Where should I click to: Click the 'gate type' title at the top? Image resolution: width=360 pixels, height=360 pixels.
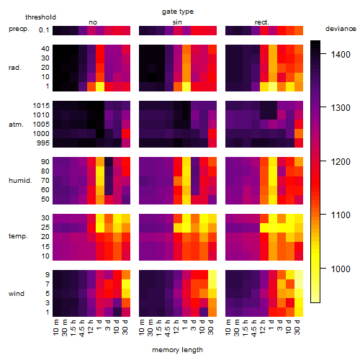pyautogui.click(x=178, y=12)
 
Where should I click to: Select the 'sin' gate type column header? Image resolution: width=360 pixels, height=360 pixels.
pyautogui.click(x=177, y=22)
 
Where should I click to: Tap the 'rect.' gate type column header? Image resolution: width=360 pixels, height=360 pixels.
pyautogui.click(x=261, y=22)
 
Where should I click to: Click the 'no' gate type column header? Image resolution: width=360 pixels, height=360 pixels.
pyautogui.click(x=93, y=22)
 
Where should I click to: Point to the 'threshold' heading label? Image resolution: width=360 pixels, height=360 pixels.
pyautogui.click(x=40, y=17)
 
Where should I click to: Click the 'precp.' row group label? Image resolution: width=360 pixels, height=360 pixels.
pyautogui.click(x=19, y=29)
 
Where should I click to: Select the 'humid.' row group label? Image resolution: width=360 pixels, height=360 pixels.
pyautogui.click(x=20, y=180)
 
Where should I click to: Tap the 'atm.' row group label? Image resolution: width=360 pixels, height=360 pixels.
pyautogui.click(x=16, y=125)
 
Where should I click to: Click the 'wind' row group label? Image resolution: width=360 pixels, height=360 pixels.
pyautogui.click(x=17, y=294)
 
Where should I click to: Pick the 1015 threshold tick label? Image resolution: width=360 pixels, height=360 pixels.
pyautogui.click(x=41, y=106)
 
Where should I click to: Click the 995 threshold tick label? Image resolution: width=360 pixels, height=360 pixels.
pyautogui.click(x=43, y=143)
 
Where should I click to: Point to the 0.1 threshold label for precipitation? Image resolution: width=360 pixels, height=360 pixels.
pyautogui.click(x=44, y=30)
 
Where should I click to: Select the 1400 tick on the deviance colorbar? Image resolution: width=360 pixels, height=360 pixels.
pyautogui.click(x=341, y=55)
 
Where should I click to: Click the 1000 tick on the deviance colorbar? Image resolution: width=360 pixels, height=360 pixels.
pyautogui.click(x=341, y=269)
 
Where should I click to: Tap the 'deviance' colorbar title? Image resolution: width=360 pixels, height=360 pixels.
pyautogui.click(x=341, y=29)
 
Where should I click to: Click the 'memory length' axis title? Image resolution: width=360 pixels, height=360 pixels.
pyautogui.click(x=178, y=350)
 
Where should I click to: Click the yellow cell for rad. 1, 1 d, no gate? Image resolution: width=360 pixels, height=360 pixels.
pyautogui.click(x=100, y=86)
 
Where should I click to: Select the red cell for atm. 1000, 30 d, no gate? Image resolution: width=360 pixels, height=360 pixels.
pyautogui.click(x=126, y=134)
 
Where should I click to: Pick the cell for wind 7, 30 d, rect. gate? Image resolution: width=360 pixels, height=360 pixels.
pyautogui.click(x=299, y=284)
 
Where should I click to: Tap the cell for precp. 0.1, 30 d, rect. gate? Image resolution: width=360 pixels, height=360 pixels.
pyautogui.click(x=299, y=30)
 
